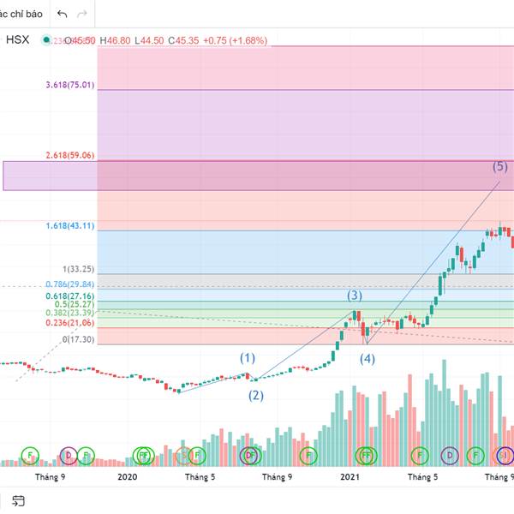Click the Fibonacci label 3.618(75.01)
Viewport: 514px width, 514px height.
(70, 85)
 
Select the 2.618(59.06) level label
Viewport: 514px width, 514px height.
(70, 156)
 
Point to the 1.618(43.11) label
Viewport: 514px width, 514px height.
(70, 226)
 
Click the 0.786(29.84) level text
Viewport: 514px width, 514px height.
(70, 284)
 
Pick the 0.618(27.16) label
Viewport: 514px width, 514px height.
(70, 296)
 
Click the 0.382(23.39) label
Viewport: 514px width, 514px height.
(70, 314)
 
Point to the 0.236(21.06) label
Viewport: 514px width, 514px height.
(70, 323)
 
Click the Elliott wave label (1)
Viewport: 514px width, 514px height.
(248, 357)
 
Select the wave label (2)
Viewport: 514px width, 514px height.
(256, 395)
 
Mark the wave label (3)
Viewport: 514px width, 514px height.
(355, 296)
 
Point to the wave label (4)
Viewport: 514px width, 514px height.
(367, 359)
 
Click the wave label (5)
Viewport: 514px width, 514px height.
(500, 166)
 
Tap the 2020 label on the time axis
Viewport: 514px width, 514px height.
(127, 476)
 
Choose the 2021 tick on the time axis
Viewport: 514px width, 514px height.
(350, 476)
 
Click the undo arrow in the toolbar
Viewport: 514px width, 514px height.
(63, 15)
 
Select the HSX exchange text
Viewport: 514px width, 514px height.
(18, 39)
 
